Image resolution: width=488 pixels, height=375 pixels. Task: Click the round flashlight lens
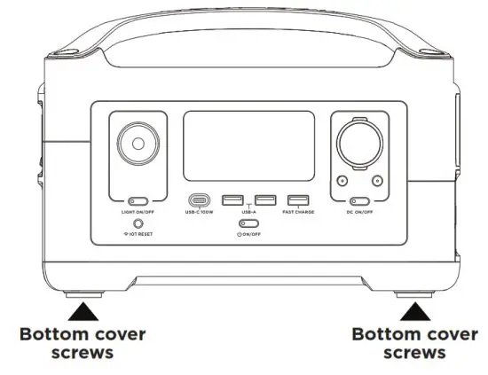[x=138, y=145]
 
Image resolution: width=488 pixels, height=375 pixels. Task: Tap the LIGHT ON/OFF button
[x=138, y=203]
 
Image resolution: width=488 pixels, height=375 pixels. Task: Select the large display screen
[x=248, y=146]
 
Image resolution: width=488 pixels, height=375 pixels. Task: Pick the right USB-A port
[x=264, y=201]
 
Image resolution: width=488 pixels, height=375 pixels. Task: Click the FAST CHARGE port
[x=298, y=201]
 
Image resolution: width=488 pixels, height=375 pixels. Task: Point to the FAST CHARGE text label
[x=298, y=214]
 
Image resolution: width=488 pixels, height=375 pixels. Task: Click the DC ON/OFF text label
[x=358, y=214]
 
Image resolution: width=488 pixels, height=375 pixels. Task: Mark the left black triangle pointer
[x=83, y=310]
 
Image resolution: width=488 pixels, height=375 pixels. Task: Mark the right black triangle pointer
[x=413, y=310]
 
